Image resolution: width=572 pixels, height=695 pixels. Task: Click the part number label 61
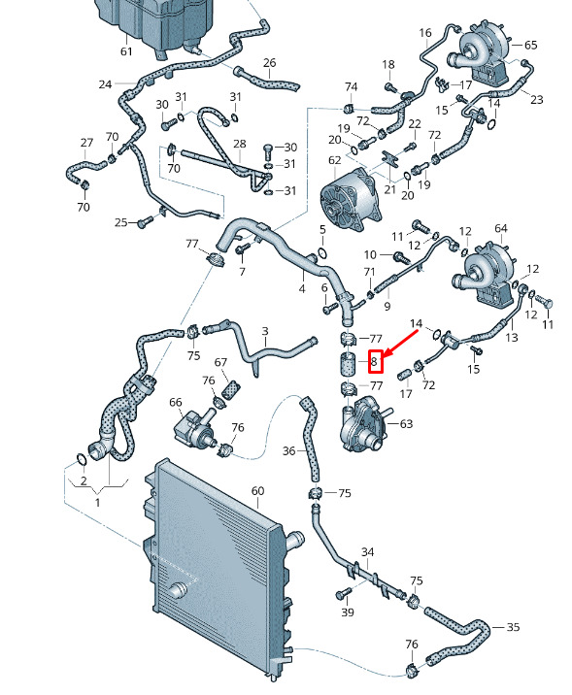pyautogui.click(x=126, y=51)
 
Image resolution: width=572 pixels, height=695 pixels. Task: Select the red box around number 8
pyautogui.click(x=375, y=361)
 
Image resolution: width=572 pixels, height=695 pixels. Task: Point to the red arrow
pyautogui.click(x=400, y=343)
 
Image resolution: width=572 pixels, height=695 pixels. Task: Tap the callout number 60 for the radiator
pyautogui.click(x=257, y=491)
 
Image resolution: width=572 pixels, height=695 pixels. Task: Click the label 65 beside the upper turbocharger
pyautogui.click(x=531, y=45)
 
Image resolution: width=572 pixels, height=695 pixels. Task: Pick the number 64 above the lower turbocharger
pyautogui.click(x=501, y=228)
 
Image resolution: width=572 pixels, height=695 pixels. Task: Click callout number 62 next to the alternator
pyautogui.click(x=335, y=160)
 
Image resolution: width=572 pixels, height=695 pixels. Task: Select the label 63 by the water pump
pyautogui.click(x=406, y=424)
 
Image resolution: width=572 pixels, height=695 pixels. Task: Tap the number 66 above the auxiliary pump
pyautogui.click(x=176, y=402)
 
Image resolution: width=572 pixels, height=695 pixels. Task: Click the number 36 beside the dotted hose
pyautogui.click(x=289, y=450)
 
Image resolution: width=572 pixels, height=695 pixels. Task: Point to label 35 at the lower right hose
pyautogui.click(x=513, y=627)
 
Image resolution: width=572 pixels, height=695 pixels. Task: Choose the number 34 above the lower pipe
pyautogui.click(x=368, y=552)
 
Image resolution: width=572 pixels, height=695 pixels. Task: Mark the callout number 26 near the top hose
pyautogui.click(x=270, y=63)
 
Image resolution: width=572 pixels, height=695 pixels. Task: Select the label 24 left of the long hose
pyautogui.click(x=105, y=84)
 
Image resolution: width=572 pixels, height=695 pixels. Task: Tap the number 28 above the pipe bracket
pyautogui.click(x=240, y=144)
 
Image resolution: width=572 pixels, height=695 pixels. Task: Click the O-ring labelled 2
pyautogui.click(x=82, y=460)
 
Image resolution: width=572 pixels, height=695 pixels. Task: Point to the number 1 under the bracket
pyautogui.click(x=97, y=503)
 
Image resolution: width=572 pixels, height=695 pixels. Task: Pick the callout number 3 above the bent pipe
pyautogui.click(x=265, y=331)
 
